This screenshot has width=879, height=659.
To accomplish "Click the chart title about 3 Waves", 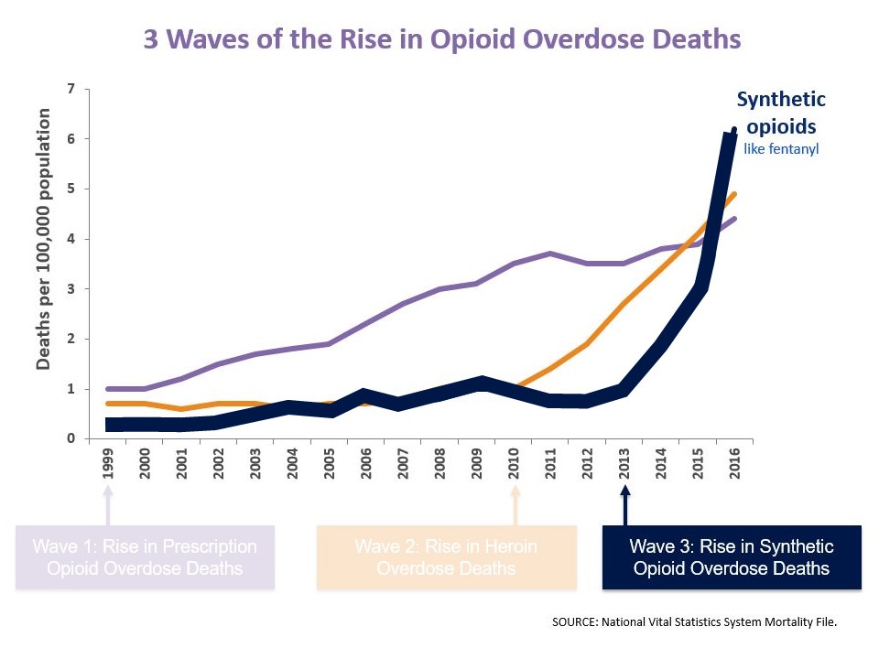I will tap(441, 40).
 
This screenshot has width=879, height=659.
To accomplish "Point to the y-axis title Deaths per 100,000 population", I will tap(43, 239).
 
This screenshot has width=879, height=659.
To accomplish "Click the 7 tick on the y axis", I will tap(71, 89).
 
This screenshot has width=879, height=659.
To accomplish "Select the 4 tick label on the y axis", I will tap(71, 239).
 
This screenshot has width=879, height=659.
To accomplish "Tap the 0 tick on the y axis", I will tap(71, 439).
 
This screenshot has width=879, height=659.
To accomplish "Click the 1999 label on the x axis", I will tap(109, 463).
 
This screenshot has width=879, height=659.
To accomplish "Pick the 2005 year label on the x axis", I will tap(329, 463).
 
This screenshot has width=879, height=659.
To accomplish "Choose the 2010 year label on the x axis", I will tap(515, 463).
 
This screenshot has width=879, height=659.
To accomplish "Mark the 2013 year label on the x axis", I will tap(624, 463).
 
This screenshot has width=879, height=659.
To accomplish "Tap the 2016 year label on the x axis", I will tap(734, 463).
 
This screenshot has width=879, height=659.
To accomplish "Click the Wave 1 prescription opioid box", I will tap(145, 557).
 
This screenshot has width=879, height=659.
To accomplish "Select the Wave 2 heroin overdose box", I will tap(446, 557).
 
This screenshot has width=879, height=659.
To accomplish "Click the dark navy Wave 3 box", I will tap(732, 557).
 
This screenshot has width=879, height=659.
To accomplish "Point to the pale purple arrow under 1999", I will tap(109, 504).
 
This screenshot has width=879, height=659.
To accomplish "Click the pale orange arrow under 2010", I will tap(515, 504).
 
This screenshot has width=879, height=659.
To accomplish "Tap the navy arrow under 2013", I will tap(624, 504).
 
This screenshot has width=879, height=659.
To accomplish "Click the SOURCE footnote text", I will tap(695, 621).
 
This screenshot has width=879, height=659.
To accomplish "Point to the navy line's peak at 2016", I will tap(733, 130).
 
